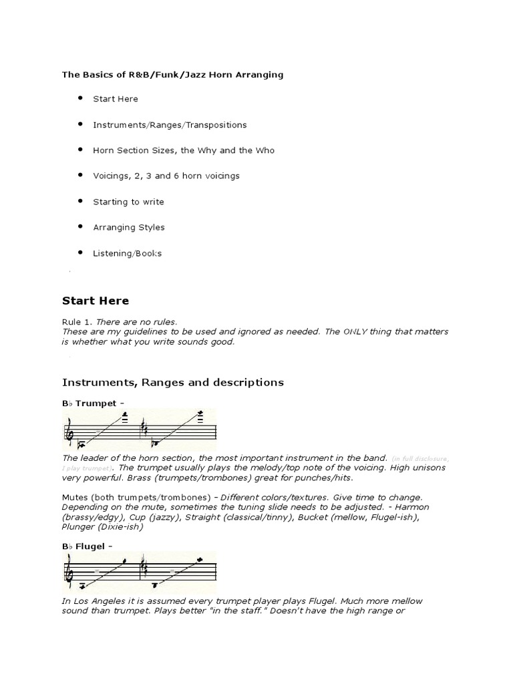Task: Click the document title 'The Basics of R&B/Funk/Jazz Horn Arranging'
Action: (x=172, y=75)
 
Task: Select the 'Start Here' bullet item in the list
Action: (x=116, y=99)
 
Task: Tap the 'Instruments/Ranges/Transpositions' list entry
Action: (x=170, y=125)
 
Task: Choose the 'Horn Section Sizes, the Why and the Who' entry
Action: (x=184, y=150)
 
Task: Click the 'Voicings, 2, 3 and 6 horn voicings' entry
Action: (x=166, y=176)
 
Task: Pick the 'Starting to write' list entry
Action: (x=128, y=202)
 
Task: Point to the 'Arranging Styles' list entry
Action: (x=128, y=228)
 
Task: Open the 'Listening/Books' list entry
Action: (x=127, y=253)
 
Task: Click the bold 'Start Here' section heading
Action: (x=96, y=301)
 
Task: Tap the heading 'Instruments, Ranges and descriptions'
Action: (x=173, y=383)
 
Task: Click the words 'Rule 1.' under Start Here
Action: (x=78, y=322)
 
